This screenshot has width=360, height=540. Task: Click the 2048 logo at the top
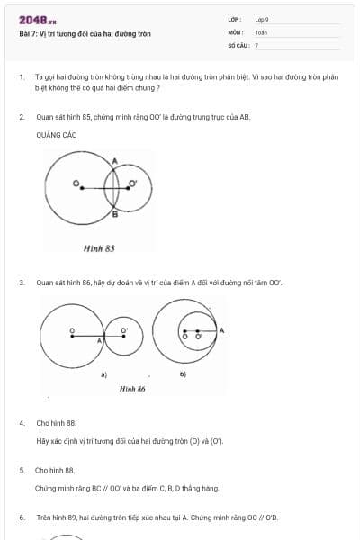[37, 19]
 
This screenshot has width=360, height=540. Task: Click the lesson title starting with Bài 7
[85, 33]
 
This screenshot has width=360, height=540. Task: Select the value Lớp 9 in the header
[262, 19]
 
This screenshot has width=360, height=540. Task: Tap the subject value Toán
[261, 31]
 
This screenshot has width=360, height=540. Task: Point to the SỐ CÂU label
[237, 44]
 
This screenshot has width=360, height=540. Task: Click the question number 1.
[21, 78]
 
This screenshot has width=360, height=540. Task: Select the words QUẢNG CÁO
[57, 135]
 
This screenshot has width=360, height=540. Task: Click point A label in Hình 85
[114, 161]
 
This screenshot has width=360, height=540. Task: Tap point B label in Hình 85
[114, 214]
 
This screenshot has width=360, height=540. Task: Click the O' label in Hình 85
[133, 184]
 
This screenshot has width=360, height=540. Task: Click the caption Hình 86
[132, 388]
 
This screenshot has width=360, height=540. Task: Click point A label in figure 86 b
[221, 330]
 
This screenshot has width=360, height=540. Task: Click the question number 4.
[21, 422]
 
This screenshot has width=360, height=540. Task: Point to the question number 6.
[21, 517]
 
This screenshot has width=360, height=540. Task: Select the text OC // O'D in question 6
[262, 517]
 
